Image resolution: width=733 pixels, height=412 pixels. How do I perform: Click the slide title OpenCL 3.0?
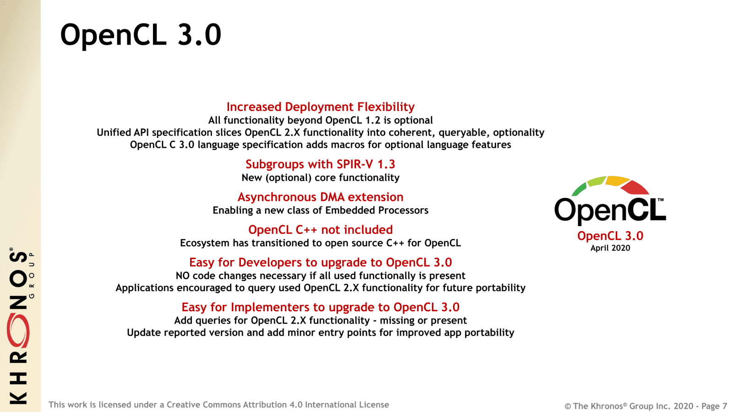tap(141, 35)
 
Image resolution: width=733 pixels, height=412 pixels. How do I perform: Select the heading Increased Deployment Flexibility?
tap(320, 107)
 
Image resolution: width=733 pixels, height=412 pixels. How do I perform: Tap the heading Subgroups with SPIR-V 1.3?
tap(320, 164)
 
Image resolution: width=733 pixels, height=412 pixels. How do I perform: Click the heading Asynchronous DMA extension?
tap(320, 197)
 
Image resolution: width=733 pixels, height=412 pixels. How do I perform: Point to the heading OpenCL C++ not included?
tap(320, 229)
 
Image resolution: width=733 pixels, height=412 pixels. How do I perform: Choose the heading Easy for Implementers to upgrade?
tap(320, 307)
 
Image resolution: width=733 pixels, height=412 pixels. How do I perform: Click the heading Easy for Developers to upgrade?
tap(320, 262)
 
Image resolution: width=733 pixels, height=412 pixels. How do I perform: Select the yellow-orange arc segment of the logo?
tap(617, 180)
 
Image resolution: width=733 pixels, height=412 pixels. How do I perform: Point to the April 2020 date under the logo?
tap(610, 248)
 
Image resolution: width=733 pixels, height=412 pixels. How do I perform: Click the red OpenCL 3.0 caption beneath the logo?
tap(610, 236)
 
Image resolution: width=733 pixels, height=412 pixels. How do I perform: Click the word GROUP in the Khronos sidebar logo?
tap(32, 275)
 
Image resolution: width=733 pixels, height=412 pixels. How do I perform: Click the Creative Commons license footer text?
tap(219, 405)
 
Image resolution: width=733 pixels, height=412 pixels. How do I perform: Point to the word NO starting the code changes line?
tap(183, 276)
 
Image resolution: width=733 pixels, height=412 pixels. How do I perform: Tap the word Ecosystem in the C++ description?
tap(204, 243)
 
